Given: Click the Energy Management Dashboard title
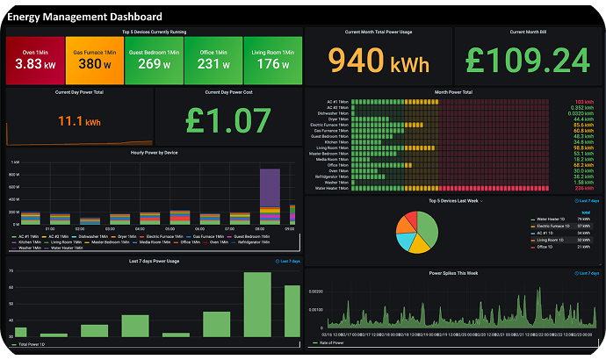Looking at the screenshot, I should [x=84, y=17].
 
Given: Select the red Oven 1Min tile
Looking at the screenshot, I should [x=34, y=61].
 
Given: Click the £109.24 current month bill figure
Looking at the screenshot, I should [x=529, y=61].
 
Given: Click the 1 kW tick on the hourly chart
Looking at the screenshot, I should [x=15, y=163].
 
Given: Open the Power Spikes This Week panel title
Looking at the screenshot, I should [x=452, y=273].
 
